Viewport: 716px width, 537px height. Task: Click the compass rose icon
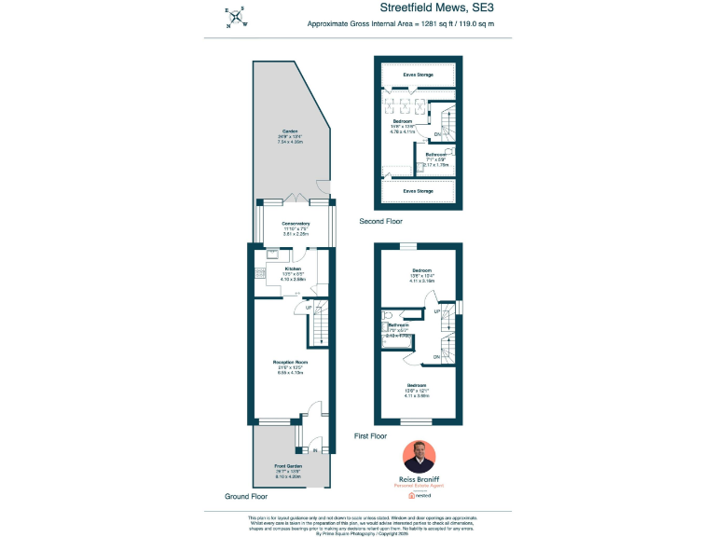pos(237,17)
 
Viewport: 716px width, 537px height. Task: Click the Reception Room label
pos(290,362)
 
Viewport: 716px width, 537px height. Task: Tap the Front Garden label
pos(288,465)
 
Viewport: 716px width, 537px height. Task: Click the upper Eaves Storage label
pos(418,74)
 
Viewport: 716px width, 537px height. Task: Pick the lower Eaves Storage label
pos(418,191)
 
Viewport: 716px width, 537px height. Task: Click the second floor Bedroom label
pos(402,122)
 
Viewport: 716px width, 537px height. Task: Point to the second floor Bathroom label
pos(435,154)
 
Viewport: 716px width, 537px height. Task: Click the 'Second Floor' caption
pos(382,222)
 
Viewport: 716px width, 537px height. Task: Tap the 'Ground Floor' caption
pos(247,496)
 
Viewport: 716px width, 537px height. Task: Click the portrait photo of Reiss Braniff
pos(419,457)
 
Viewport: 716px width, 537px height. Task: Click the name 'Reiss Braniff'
pos(419,478)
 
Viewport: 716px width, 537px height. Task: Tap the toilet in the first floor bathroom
pos(388,317)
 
